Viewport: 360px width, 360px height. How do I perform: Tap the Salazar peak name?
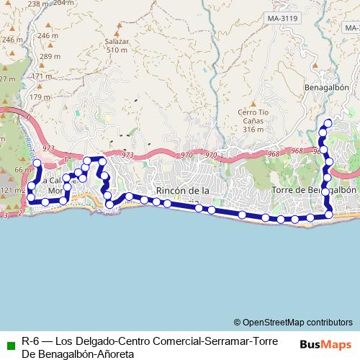click(116, 42)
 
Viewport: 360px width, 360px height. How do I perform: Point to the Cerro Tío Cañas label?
click(253, 121)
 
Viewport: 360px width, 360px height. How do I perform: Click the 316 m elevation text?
click(253, 130)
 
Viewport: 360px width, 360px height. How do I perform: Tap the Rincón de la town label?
click(182, 190)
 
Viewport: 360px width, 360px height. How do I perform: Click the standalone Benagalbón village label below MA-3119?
click(327, 87)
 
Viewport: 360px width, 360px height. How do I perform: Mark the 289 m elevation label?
click(50, 57)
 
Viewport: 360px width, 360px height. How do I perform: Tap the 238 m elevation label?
click(39, 4)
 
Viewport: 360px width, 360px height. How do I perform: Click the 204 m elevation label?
click(64, 3)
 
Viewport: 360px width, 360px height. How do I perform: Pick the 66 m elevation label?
click(23, 170)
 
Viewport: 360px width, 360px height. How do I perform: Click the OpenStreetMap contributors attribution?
click(293, 322)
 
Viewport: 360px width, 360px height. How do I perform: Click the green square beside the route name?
click(10, 342)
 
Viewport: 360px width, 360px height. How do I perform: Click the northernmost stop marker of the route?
click(328, 122)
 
